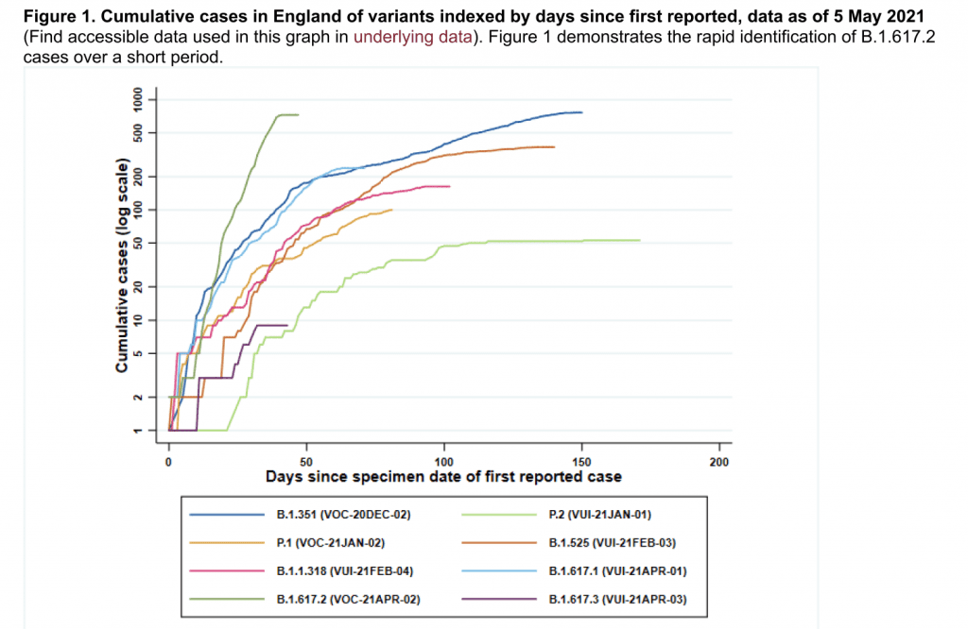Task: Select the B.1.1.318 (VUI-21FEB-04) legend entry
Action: point(345,571)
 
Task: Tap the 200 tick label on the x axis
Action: point(719,462)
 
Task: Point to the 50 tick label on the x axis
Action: point(306,462)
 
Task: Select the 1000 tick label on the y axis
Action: point(138,98)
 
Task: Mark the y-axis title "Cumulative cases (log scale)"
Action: point(122,268)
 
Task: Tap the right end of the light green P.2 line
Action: point(640,240)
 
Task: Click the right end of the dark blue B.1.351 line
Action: point(581,112)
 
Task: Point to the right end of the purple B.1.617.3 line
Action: point(286,325)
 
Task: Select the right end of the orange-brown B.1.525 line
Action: point(554,146)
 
